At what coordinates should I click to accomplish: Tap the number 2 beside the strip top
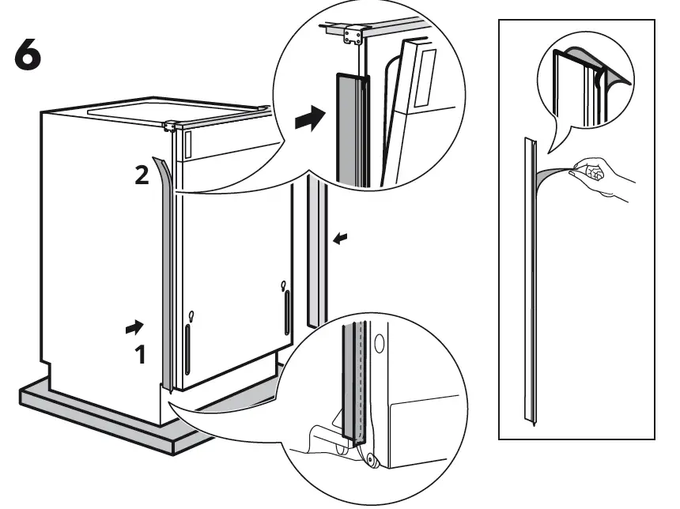141,175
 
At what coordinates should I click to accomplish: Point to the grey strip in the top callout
348,126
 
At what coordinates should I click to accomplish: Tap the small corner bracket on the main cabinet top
168,125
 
